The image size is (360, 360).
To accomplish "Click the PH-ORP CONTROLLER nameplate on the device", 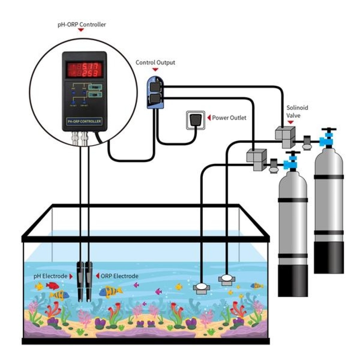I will click(84, 122).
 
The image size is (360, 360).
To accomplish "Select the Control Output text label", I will click(155, 63).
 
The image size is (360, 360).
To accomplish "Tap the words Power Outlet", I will click(229, 118).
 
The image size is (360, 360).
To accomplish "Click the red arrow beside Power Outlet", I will click(209, 118).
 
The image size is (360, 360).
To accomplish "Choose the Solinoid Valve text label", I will click(294, 111).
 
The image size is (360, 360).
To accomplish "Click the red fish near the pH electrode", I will click(52, 285).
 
